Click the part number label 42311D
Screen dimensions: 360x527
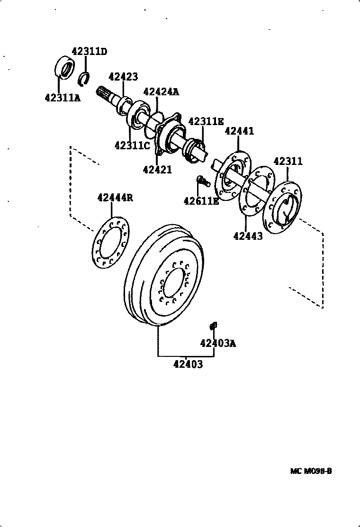(90, 52)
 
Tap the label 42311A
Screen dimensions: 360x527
(63, 98)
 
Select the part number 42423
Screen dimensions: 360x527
(123, 77)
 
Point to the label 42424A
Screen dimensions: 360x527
(161, 91)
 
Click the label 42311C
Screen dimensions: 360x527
(132, 145)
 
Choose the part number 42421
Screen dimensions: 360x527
(157, 169)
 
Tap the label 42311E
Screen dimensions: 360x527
(206, 121)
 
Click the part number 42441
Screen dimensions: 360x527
(239, 131)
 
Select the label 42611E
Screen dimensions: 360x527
(201, 201)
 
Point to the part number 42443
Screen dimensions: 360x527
(248, 236)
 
